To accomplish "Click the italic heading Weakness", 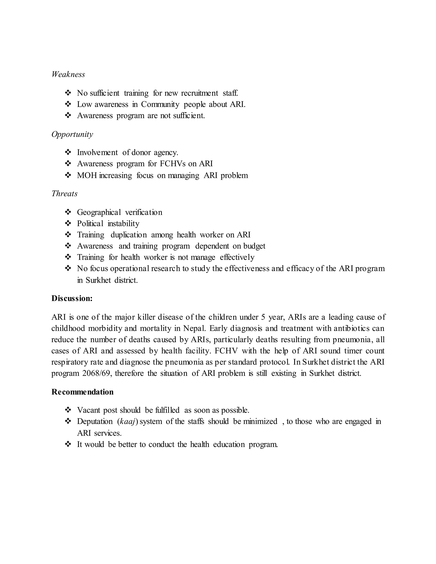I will (x=68, y=74).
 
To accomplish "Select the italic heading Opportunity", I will (x=72, y=134).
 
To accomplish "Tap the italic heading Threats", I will (x=64, y=194).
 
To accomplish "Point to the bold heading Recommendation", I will (x=82, y=392).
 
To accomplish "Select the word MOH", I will (x=87, y=175).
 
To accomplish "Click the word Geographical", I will (x=99, y=212).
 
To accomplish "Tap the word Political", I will (x=90, y=223).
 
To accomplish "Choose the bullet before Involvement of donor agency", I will (x=68, y=152).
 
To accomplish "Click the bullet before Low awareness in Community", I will (x=68, y=104).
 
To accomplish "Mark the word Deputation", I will (x=95, y=421).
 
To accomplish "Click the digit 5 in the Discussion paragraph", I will (x=263, y=317).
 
